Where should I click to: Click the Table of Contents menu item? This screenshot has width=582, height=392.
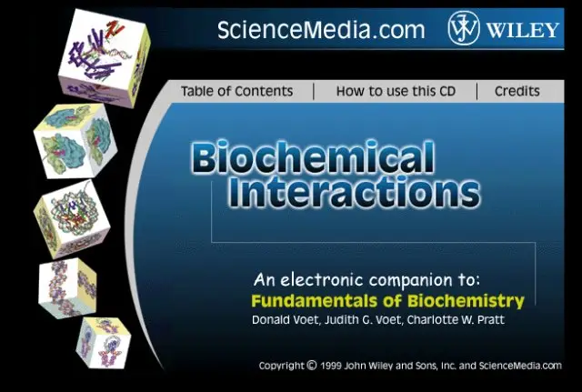coord(236,91)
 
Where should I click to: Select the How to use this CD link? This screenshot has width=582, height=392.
coord(396,91)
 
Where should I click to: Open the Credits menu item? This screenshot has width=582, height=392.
coord(517,91)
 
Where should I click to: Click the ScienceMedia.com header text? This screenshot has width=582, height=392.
coord(321,30)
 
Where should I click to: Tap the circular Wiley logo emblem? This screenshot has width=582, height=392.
coord(464,28)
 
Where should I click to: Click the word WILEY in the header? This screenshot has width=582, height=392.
coord(523,30)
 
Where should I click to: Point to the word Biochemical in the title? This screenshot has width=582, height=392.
coord(313,156)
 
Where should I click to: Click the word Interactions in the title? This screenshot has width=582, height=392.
coord(354,191)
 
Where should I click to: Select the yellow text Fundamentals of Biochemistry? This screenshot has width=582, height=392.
coord(388,301)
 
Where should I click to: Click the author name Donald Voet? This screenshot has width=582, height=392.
coord(285,319)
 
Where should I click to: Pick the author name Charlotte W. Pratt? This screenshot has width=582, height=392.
coord(456,319)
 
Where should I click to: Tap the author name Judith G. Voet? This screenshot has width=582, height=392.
coord(363,319)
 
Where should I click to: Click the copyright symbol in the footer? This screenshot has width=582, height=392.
coord(312,366)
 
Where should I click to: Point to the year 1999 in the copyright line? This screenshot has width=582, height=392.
coord(331,366)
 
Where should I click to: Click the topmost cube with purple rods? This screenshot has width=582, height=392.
coord(104,58)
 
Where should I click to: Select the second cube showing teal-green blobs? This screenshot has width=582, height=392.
coord(75,141)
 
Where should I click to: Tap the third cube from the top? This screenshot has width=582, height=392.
coord(72,219)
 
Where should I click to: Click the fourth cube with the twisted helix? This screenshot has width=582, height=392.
coord(67,288)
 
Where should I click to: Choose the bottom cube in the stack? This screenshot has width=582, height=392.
coord(104,343)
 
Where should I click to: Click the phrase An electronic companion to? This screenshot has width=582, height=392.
coord(366,279)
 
